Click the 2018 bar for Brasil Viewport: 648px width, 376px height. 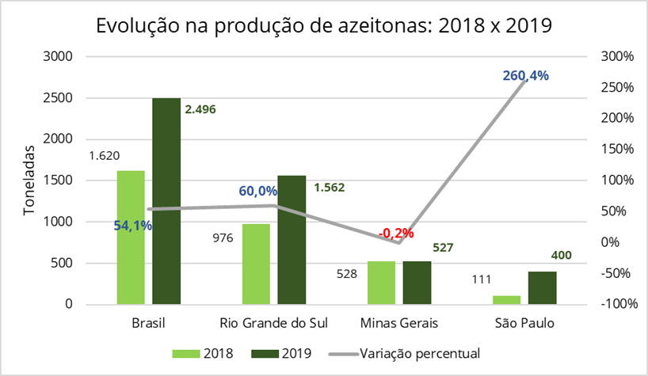131,237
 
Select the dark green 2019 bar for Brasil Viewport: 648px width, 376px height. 166,201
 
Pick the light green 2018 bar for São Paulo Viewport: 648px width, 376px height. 507,299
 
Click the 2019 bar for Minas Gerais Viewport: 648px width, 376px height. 417,283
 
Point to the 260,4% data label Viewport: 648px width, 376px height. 525,76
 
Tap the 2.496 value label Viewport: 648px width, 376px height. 200,109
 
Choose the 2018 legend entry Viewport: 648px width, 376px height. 208,353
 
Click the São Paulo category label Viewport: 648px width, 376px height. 524,324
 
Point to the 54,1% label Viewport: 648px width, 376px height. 133,226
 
